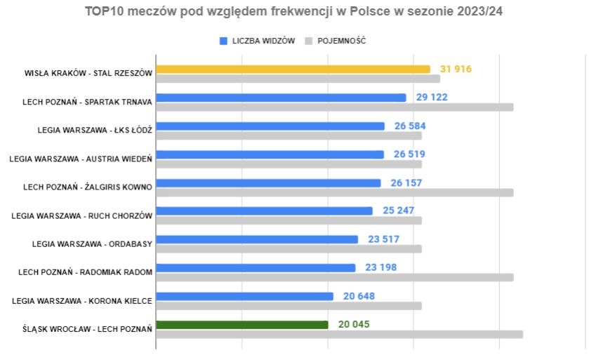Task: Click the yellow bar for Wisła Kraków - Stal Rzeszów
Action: click(x=293, y=69)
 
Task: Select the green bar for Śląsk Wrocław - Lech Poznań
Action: click(x=241, y=325)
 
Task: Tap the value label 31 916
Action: click(x=456, y=69)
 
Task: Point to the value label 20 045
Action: click(x=354, y=324)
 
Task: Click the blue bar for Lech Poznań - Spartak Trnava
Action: click(x=281, y=98)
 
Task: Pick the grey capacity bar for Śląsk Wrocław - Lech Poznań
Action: click(x=339, y=334)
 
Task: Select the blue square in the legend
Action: click(x=224, y=41)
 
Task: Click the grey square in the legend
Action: click(x=308, y=41)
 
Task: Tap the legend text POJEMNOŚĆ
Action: click(x=342, y=41)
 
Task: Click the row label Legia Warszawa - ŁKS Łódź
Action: click(x=95, y=130)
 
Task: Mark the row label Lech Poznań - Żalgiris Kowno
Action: click(x=88, y=187)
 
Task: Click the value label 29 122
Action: click(x=432, y=98)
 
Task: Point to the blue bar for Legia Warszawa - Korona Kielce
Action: click(x=244, y=296)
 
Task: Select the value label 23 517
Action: click(x=383, y=239)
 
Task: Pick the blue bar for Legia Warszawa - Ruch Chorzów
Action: click(x=264, y=211)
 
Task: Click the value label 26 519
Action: click(x=409, y=154)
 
